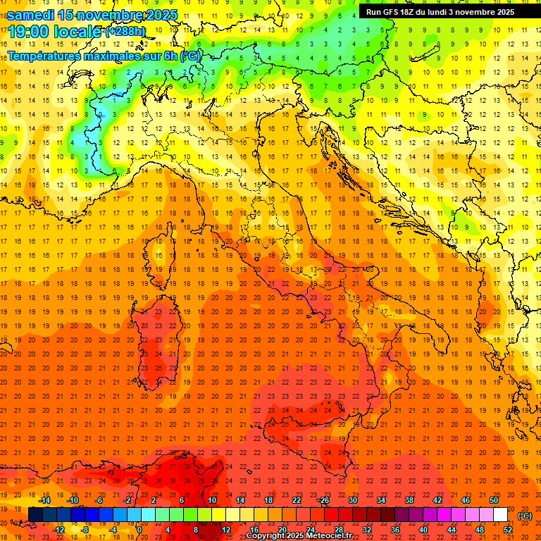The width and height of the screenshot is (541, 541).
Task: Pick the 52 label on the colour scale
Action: click(508, 530)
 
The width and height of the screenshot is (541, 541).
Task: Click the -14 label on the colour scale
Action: click(45, 500)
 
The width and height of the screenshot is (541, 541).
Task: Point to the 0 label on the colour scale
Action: click(139, 530)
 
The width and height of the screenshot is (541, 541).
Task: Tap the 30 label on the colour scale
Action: click(353, 500)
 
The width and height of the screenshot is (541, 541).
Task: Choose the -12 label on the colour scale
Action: click(59, 530)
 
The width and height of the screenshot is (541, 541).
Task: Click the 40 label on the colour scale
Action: click(423, 530)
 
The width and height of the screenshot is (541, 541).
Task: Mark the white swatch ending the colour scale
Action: click(501, 515)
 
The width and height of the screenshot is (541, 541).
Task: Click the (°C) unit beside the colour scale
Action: click(524, 516)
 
